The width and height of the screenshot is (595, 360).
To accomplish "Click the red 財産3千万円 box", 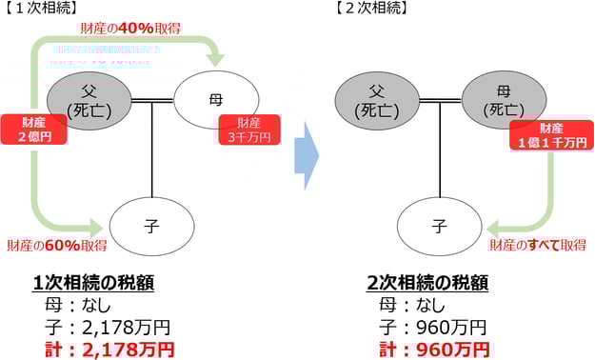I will point(250,130).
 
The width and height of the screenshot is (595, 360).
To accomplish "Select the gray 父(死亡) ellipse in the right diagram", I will point(377,99).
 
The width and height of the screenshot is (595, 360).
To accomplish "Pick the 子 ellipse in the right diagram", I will point(439,228).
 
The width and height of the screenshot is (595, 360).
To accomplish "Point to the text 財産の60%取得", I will point(56,245).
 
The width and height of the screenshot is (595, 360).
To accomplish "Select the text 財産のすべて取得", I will point(537,245).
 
